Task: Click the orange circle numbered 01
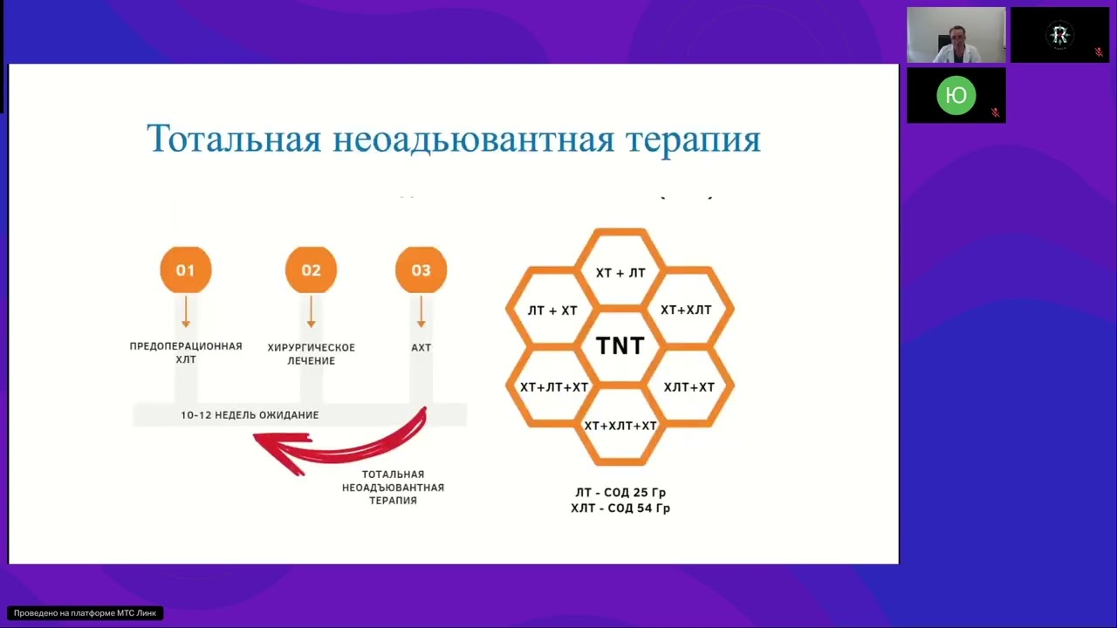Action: coord(185,270)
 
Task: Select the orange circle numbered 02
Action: coord(311,270)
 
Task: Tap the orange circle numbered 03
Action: coord(421,270)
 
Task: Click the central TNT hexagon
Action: coord(620,346)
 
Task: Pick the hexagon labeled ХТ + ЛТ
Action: coord(620,273)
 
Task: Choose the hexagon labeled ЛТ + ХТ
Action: coord(552,311)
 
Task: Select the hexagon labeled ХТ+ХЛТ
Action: coord(686,311)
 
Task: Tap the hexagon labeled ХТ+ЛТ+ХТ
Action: coord(554,386)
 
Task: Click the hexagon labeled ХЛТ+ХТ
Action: coord(689,386)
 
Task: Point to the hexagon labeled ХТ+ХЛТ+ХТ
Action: coord(620,426)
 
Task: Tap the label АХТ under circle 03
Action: coord(421,347)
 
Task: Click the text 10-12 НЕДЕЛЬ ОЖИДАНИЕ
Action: coord(250,415)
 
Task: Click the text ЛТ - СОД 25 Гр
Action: coord(620,493)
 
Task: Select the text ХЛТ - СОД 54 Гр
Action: coord(620,508)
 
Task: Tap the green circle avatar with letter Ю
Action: coord(956,96)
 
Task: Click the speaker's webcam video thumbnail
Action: coord(956,35)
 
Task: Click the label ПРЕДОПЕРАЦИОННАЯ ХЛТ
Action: coord(185,352)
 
